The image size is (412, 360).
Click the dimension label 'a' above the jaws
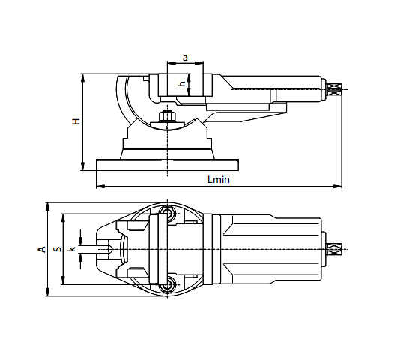[x=184, y=58]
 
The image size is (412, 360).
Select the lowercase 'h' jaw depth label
[x=181, y=84]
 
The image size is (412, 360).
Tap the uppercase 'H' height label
[x=76, y=121]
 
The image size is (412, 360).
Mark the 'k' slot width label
[x=72, y=248]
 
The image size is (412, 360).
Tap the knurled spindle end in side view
[x=334, y=91]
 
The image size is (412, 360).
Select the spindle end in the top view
[x=334, y=249]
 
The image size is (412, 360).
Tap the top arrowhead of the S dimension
[x=63, y=217]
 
